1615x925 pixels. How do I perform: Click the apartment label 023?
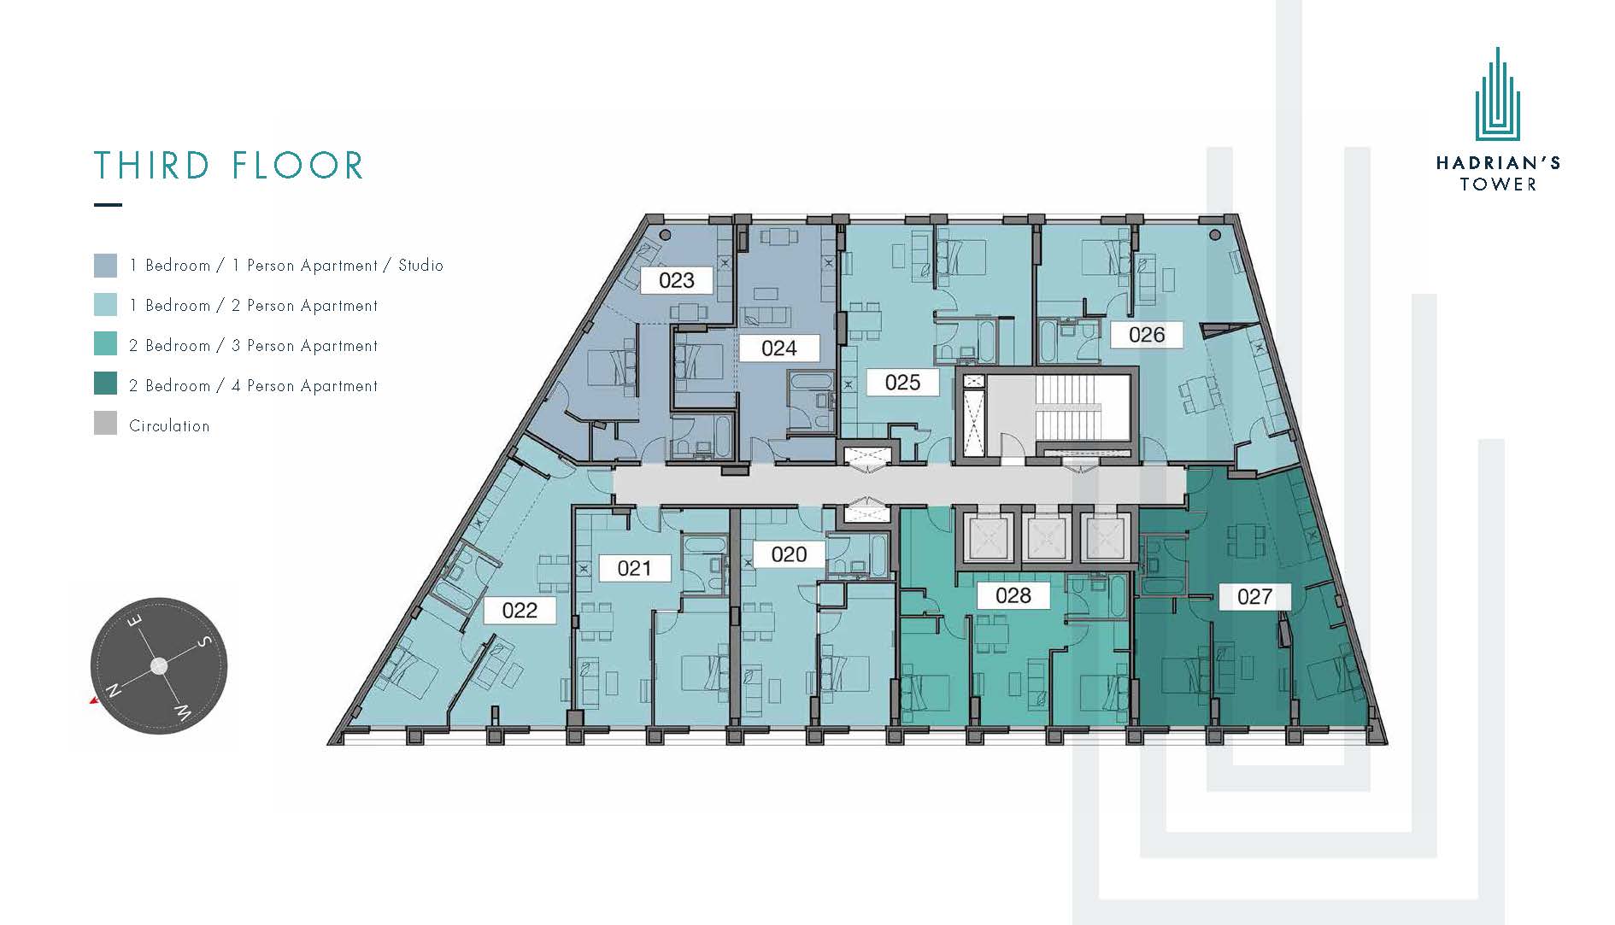[x=677, y=280]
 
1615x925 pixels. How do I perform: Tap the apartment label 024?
[x=778, y=348]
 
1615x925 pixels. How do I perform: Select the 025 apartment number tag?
[x=902, y=382]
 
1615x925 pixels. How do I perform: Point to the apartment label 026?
[x=1147, y=335]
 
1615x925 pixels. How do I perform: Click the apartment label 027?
[x=1254, y=596]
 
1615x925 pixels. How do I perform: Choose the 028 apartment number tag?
[x=1013, y=595]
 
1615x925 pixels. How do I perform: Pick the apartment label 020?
[x=788, y=554]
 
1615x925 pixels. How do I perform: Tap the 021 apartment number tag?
[x=634, y=568]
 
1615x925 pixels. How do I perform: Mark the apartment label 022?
[x=520, y=610]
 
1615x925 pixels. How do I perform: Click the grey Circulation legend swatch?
[x=105, y=424]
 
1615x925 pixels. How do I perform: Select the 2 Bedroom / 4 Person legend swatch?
[x=105, y=383]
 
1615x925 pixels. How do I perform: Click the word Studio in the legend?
[x=420, y=266]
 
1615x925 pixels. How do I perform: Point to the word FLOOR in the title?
[x=297, y=166]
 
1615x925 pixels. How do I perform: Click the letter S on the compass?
[x=203, y=641]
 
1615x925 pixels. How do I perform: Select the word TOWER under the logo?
[x=1498, y=184]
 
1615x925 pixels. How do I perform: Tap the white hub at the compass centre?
[x=159, y=665]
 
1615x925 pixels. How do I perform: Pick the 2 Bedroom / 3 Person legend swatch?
[x=105, y=343]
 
